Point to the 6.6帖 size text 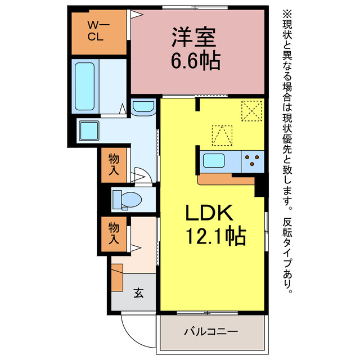pyautogui.click(x=196, y=60)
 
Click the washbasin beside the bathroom pyautogui.click(x=144, y=106)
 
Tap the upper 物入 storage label pyautogui.click(x=114, y=165)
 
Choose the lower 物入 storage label pyautogui.click(x=114, y=233)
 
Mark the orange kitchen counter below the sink pyautogui.click(x=226, y=179)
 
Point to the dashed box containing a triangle pyautogui.click(x=222, y=135)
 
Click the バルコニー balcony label pyautogui.click(x=211, y=331)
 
